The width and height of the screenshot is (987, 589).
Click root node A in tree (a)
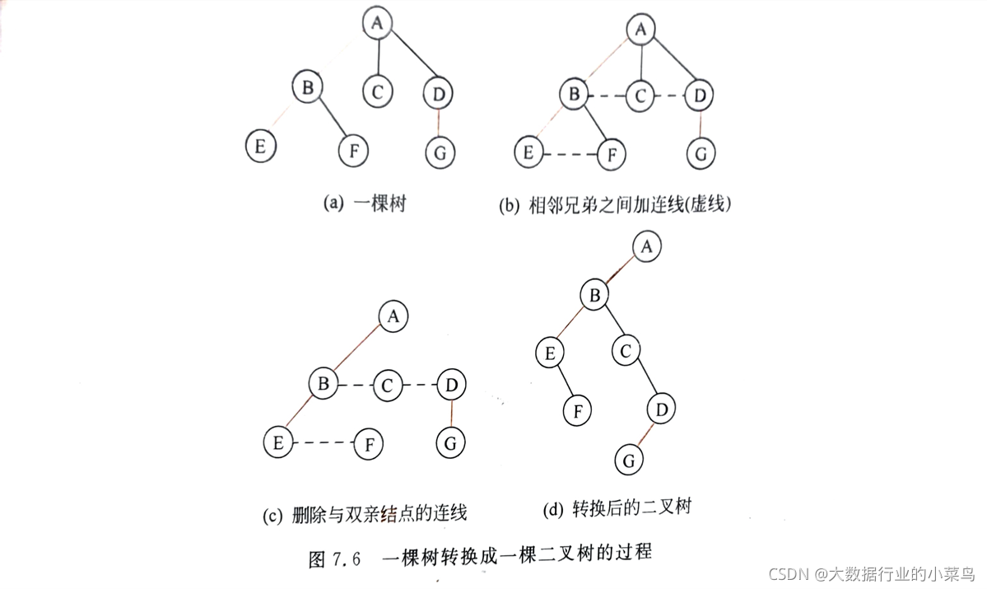pos(377,23)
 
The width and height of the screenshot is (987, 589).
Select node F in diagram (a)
pos(353,151)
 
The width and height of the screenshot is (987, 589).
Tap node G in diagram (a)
pos(440,152)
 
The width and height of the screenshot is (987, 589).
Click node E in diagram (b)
pos(528,152)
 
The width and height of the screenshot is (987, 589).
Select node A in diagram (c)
pos(393,316)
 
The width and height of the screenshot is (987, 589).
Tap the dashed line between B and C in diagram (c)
pos(356,384)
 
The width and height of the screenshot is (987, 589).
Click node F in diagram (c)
pos(370,445)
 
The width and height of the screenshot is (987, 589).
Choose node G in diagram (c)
pos(449,443)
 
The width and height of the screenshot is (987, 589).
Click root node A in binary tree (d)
pos(647,245)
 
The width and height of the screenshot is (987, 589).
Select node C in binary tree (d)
pos(626,352)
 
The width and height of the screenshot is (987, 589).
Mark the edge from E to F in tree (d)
pos(564,383)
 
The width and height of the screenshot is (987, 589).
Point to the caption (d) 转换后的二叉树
pos(617,508)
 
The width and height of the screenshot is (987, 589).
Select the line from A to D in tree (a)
pos(412,56)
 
